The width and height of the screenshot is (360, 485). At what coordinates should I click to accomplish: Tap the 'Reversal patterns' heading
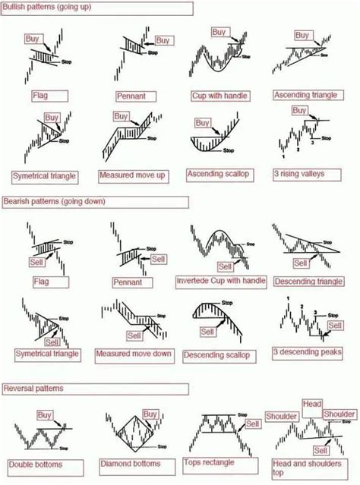click(x=33, y=388)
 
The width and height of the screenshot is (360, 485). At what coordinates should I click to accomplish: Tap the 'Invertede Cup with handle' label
click(x=221, y=281)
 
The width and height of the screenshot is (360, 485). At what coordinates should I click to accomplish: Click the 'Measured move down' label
click(x=134, y=354)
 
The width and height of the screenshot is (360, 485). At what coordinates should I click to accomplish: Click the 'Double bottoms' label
click(x=36, y=464)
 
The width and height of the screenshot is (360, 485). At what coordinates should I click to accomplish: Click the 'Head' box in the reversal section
click(x=313, y=405)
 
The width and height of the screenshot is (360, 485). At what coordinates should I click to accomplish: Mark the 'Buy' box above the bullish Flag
click(x=33, y=38)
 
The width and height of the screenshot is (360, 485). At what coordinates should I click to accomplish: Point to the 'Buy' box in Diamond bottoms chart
click(x=150, y=414)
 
